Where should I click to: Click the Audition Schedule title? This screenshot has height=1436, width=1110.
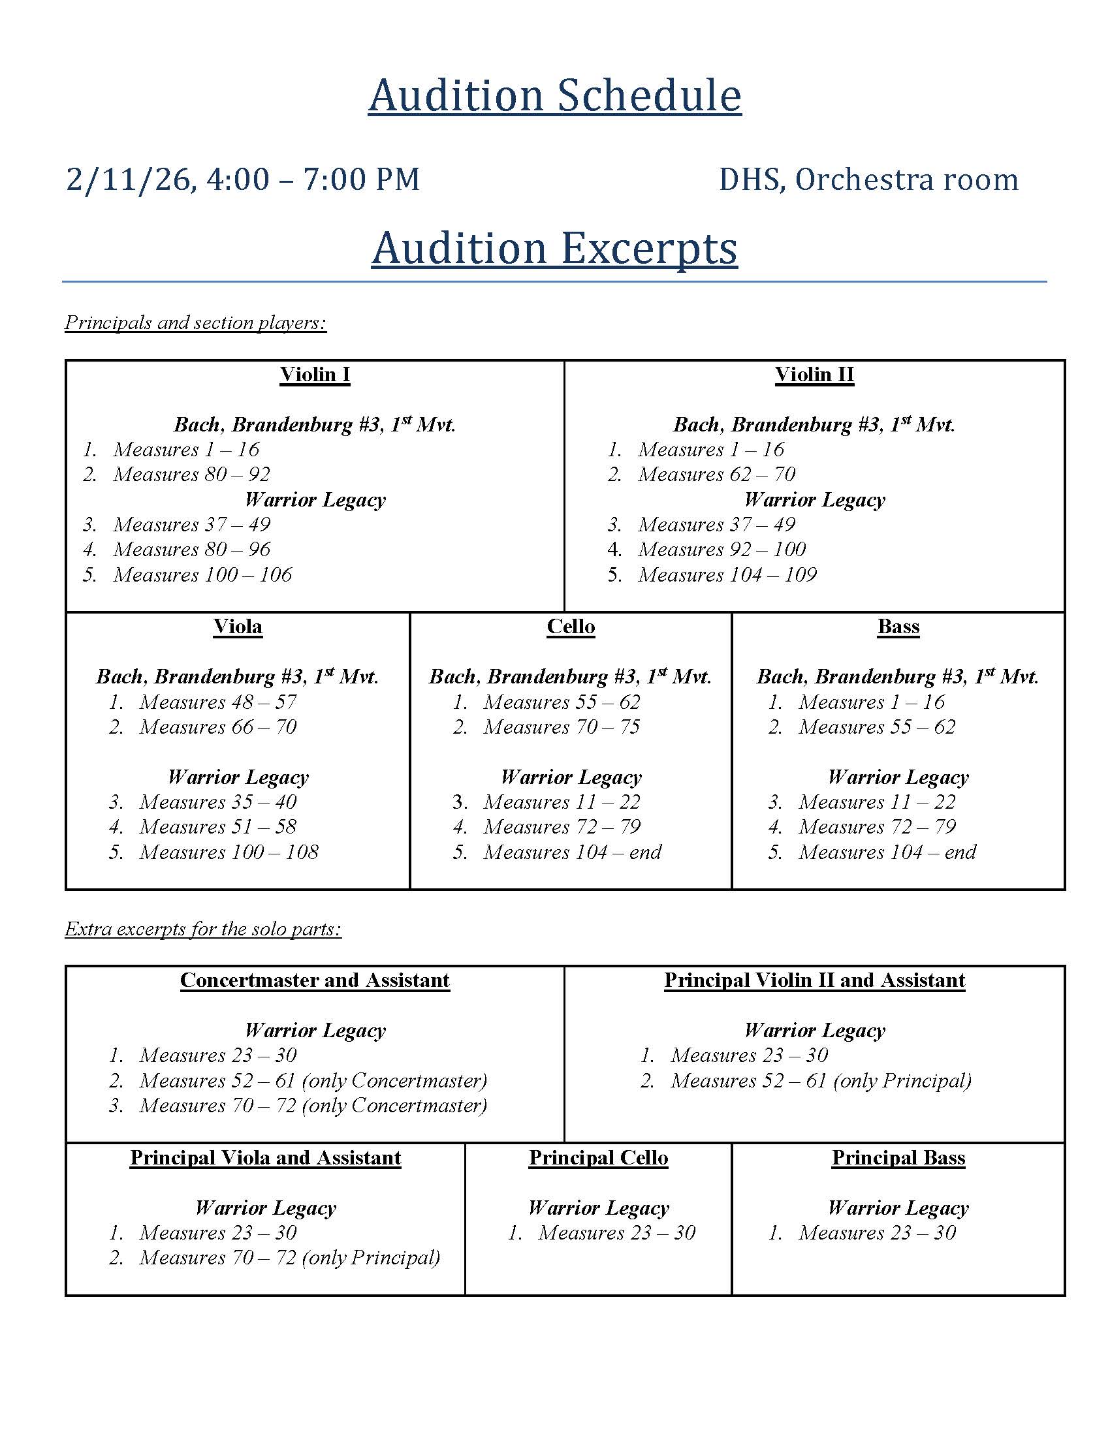click(x=554, y=96)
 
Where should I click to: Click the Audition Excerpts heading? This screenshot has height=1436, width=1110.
click(x=554, y=249)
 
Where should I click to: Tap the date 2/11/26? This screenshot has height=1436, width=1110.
click(x=129, y=179)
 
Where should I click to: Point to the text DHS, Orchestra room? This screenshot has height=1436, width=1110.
click(x=868, y=179)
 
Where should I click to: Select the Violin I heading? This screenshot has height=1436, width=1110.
click(x=315, y=375)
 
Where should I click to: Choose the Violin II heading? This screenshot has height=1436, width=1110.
click(x=814, y=375)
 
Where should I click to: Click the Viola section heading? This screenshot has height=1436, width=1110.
click(x=238, y=627)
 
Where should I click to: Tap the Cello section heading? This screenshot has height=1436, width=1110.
click(x=571, y=627)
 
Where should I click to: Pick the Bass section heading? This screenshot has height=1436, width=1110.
click(x=898, y=627)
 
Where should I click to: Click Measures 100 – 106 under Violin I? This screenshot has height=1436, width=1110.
click(x=202, y=575)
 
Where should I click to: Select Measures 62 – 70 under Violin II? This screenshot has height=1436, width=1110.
click(x=716, y=475)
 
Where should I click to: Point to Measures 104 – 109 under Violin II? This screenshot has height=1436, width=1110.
click(x=727, y=575)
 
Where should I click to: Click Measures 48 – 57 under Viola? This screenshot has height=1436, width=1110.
click(x=217, y=702)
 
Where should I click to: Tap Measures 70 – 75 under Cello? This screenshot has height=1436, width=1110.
click(x=562, y=727)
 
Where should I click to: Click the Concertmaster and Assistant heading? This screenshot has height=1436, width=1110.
click(x=315, y=980)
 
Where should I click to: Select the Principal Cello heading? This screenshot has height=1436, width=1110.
click(x=598, y=1158)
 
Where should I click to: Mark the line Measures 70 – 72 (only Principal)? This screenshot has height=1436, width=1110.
click(x=289, y=1258)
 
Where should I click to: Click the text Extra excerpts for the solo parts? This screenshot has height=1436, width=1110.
click(x=203, y=929)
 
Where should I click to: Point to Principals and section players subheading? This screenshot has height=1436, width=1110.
click(x=195, y=323)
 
